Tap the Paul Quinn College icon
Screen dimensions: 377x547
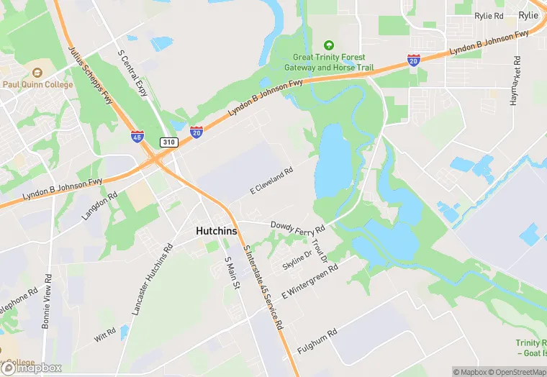coord(37,73)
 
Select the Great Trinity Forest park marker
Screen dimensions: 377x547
coord(329,45)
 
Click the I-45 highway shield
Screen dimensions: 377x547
coord(137,135)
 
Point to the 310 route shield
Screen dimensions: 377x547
coord(168,142)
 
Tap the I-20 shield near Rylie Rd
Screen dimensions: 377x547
coord(414,60)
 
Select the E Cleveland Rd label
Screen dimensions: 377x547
coord(271,181)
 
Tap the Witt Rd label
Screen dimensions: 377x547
coord(104,335)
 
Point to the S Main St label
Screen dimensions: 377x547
coord(231,274)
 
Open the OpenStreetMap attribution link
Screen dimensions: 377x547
coord(516,372)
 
